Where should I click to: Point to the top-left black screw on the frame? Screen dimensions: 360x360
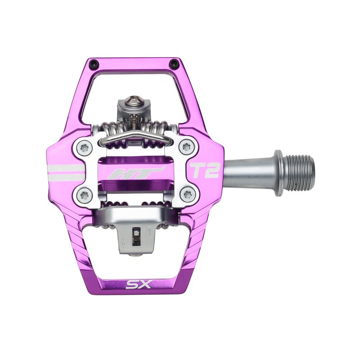(x=93, y=63)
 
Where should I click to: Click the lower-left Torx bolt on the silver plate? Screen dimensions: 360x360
(x=84, y=194)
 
